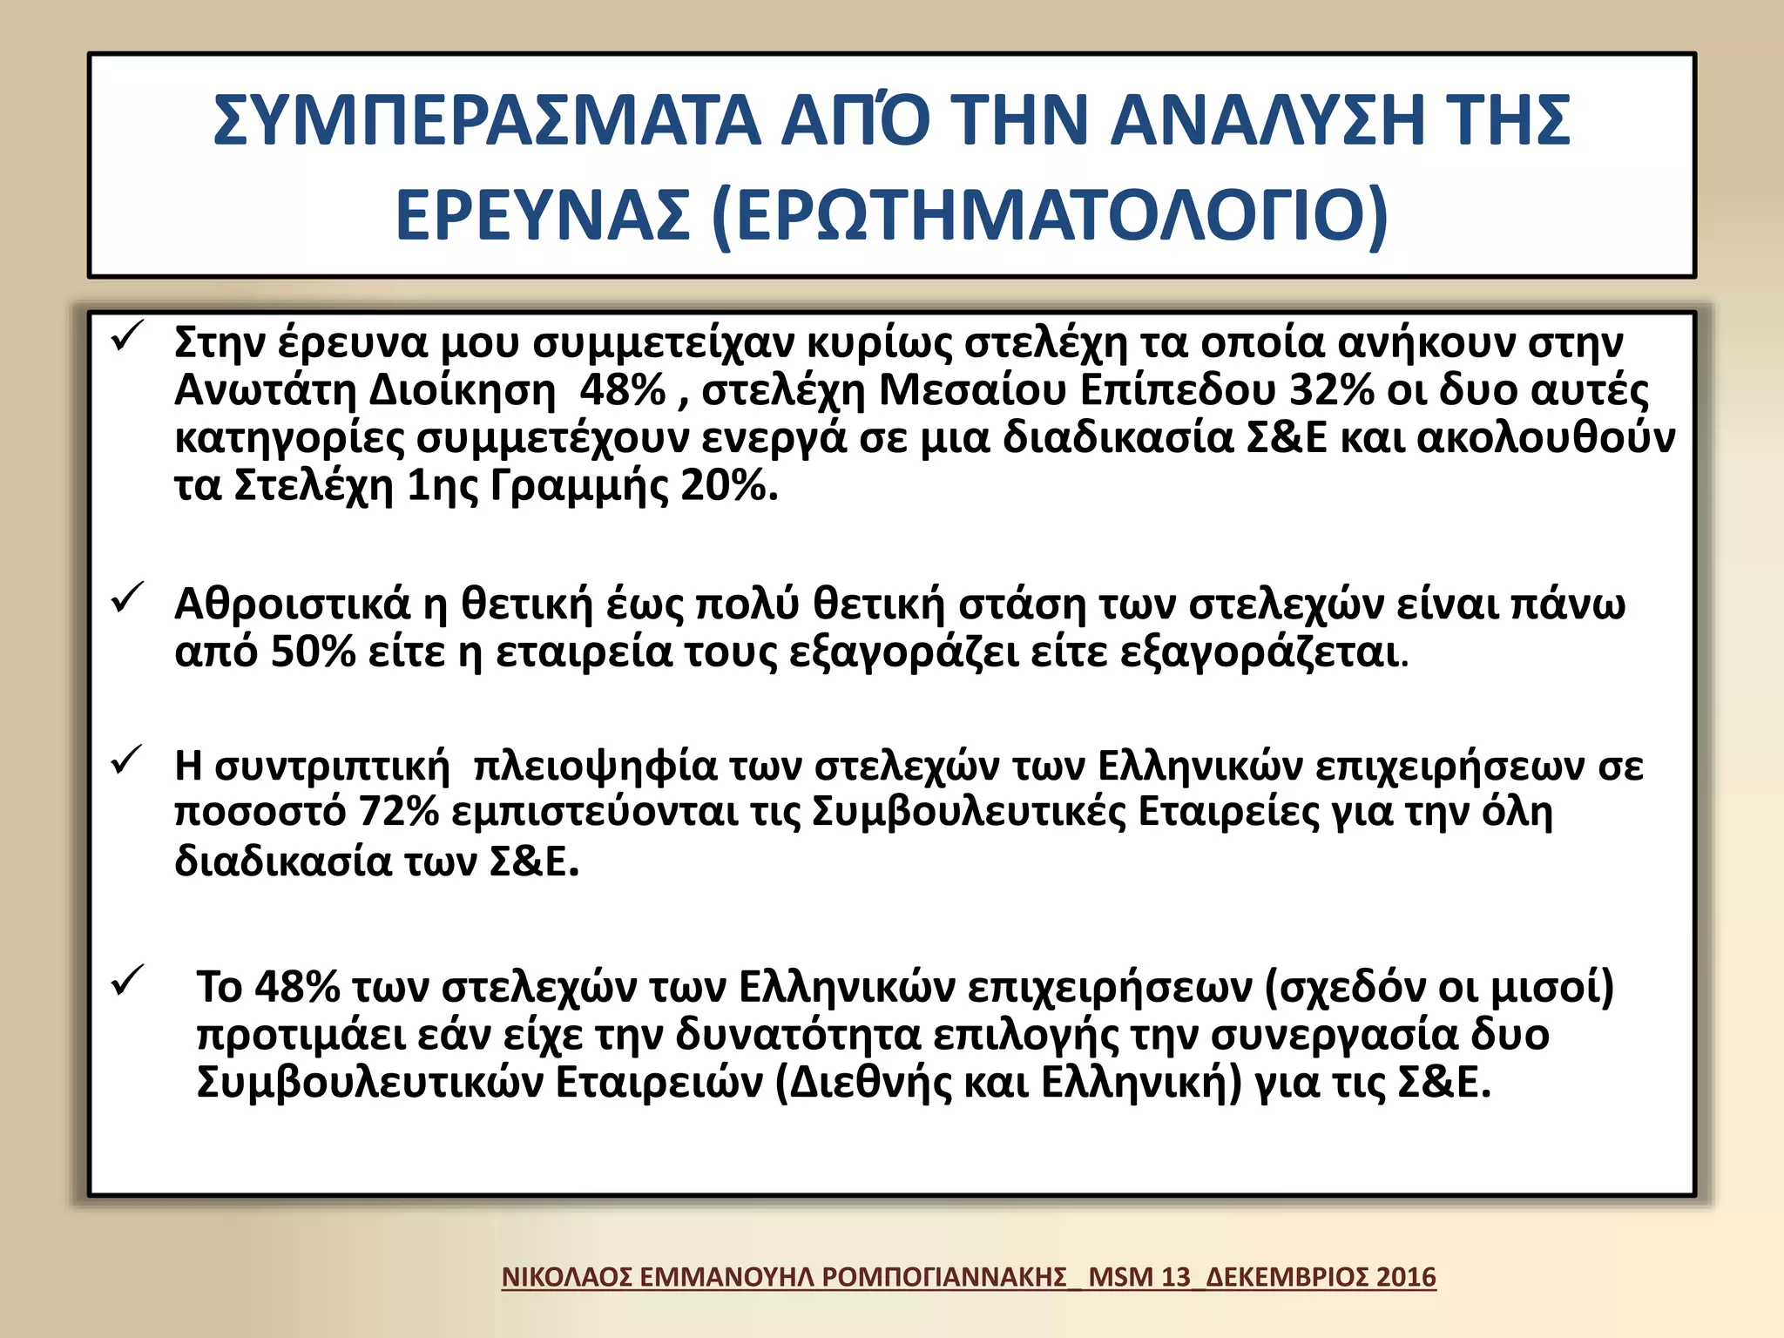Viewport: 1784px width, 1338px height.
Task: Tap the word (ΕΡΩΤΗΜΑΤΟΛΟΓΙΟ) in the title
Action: tap(1049, 215)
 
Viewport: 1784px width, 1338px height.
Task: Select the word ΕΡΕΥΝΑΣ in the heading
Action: tap(543, 215)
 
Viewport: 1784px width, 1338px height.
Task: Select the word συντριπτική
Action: tap(332, 767)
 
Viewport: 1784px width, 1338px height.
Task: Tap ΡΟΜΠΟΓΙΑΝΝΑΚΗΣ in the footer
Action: tap(944, 1277)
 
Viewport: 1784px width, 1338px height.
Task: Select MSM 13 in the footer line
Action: tap(1139, 1277)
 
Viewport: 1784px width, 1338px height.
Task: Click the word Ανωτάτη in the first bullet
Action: tap(266, 390)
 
